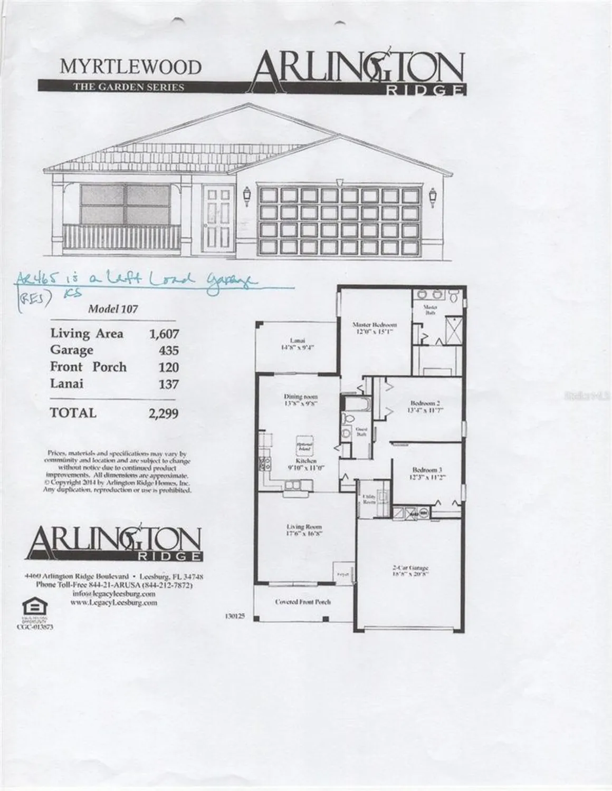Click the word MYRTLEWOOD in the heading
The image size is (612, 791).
pyautogui.click(x=131, y=67)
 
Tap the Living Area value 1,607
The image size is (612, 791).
pyautogui.click(x=165, y=334)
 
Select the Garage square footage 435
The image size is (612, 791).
pyautogui.click(x=169, y=351)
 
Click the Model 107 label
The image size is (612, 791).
pyautogui.click(x=113, y=309)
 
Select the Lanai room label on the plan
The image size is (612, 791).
pyautogui.click(x=295, y=340)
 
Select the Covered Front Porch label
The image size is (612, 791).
pyautogui.click(x=303, y=602)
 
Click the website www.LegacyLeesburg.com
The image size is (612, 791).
pyautogui.click(x=113, y=603)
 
